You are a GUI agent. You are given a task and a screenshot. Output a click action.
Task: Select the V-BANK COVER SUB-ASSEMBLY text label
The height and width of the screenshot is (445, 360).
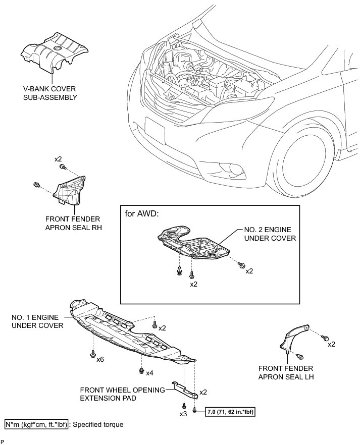(x=49, y=93)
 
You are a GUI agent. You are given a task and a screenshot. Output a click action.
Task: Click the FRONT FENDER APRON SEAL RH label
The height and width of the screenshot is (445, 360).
(x=72, y=224)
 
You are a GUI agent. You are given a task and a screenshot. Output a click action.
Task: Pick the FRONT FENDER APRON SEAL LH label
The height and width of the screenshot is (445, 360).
(x=285, y=372)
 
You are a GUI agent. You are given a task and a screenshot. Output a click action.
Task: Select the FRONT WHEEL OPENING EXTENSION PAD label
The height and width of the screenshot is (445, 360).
(x=123, y=394)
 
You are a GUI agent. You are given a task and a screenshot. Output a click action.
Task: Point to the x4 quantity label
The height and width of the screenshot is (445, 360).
(x=149, y=373)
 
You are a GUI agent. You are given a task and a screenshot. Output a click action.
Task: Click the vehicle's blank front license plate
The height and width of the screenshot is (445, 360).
(x=155, y=130)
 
